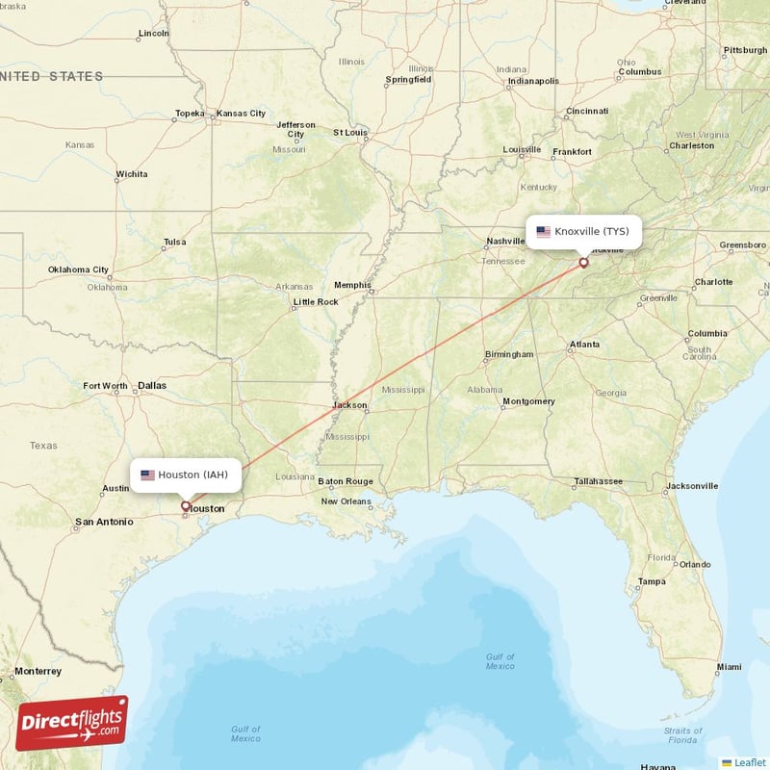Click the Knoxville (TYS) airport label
[x=583, y=232]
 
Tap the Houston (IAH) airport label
[x=186, y=475]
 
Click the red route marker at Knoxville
[x=583, y=262]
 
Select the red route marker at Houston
[x=186, y=504]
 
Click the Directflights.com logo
[x=71, y=723]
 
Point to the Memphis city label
[x=351, y=285]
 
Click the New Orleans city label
[x=346, y=501]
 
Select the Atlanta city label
[x=584, y=345]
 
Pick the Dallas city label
[x=151, y=386]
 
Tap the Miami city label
[x=729, y=667]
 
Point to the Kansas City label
[x=241, y=114]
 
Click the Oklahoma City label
[x=79, y=269]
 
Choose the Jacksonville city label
[x=691, y=486]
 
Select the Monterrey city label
[x=38, y=671]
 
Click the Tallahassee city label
[x=598, y=481]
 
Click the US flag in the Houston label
[x=147, y=475]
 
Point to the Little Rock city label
[x=316, y=302]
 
